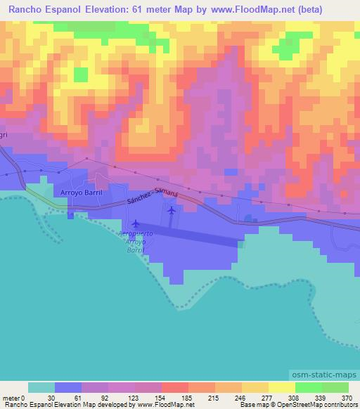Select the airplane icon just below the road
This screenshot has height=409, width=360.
pos(172,209)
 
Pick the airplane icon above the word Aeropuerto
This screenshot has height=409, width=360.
pos(136,223)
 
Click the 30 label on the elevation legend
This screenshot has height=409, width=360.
pos(51,397)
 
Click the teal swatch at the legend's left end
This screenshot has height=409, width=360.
pos(41,387)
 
